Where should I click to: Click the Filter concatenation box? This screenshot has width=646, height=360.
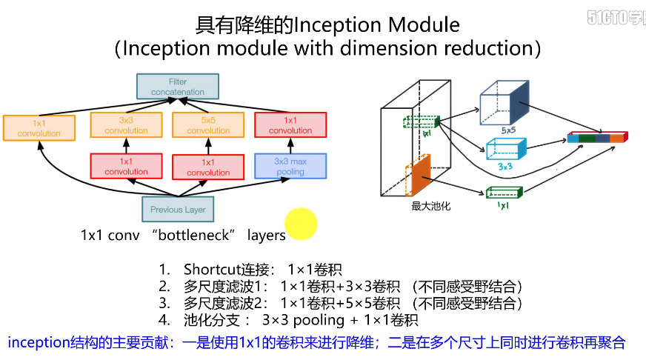(178, 87)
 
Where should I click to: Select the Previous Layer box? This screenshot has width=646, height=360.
(178, 210)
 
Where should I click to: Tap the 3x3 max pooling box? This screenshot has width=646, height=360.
(290, 166)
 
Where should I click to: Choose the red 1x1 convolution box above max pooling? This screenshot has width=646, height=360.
(290, 125)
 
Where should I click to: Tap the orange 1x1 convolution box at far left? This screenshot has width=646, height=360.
(39, 128)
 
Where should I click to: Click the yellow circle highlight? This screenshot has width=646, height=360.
(301, 224)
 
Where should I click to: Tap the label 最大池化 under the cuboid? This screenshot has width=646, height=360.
(430, 207)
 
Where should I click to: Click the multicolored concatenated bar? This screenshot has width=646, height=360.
(597, 137)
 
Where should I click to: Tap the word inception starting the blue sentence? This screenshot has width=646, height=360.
(35, 342)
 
